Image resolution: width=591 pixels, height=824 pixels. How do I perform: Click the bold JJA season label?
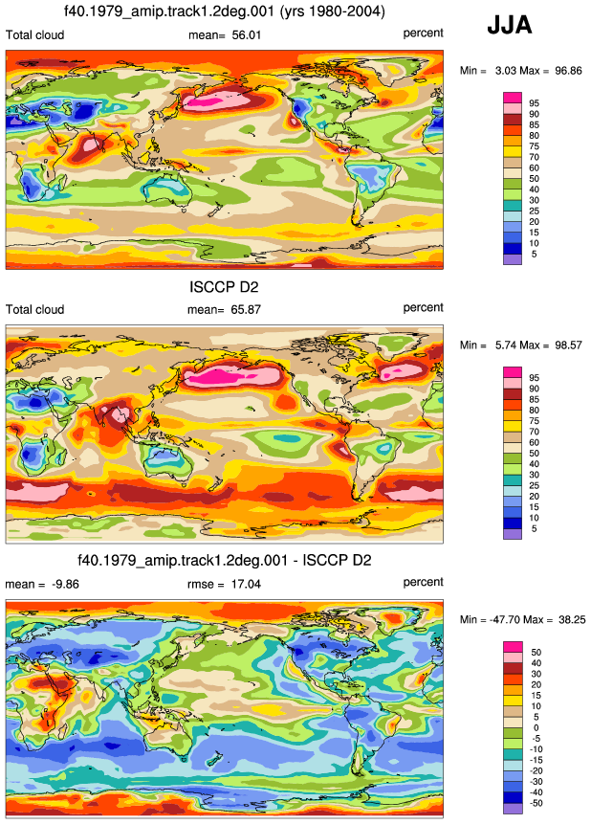(509, 25)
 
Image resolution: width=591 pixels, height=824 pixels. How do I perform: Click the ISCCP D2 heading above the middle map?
(224, 287)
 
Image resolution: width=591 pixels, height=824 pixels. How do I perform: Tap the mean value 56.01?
(247, 35)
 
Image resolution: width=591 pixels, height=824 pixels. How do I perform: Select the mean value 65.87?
(246, 309)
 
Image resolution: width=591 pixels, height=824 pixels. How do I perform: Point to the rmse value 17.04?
(246, 584)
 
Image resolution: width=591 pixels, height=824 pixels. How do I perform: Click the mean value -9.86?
(66, 584)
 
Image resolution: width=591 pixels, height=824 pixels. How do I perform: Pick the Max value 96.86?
(568, 71)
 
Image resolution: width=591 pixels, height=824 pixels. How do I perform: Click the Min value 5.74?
(506, 345)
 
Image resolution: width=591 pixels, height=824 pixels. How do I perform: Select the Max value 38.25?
(572, 619)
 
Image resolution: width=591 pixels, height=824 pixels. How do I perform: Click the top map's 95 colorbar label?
(535, 103)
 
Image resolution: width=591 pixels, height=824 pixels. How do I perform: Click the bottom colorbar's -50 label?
(536, 803)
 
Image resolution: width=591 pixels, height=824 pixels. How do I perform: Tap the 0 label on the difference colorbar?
(536, 728)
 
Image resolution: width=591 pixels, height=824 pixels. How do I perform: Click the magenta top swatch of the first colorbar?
(513, 98)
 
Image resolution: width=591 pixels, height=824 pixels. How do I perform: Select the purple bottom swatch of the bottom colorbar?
(513, 809)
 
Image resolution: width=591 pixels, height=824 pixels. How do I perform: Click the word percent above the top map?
(423, 33)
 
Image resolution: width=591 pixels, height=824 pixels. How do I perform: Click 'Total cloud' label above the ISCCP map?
(34, 309)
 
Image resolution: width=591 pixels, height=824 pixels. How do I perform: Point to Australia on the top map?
(166, 187)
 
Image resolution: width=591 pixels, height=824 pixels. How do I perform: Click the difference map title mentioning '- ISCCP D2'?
(225, 560)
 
